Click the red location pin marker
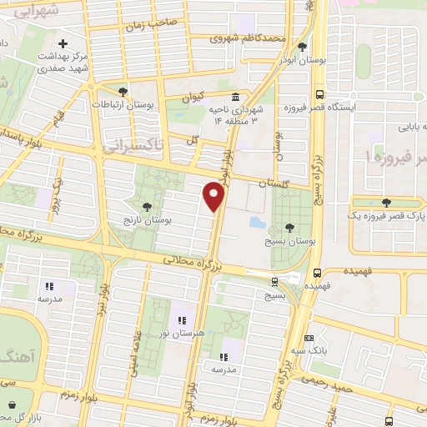[x=214, y=195]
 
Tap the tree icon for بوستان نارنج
[x=147, y=206]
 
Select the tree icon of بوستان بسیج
[x=289, y=226]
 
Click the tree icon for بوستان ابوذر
[x=302, y=47]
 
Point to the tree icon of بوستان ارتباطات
[x=123, y=92]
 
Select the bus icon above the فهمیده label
[x=318, y=272]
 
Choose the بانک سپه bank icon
[x=309, y=339]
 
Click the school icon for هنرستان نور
[x=179, y=321]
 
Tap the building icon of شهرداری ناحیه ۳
[x=237, y=96]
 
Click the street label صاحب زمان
[x=153, y=26]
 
